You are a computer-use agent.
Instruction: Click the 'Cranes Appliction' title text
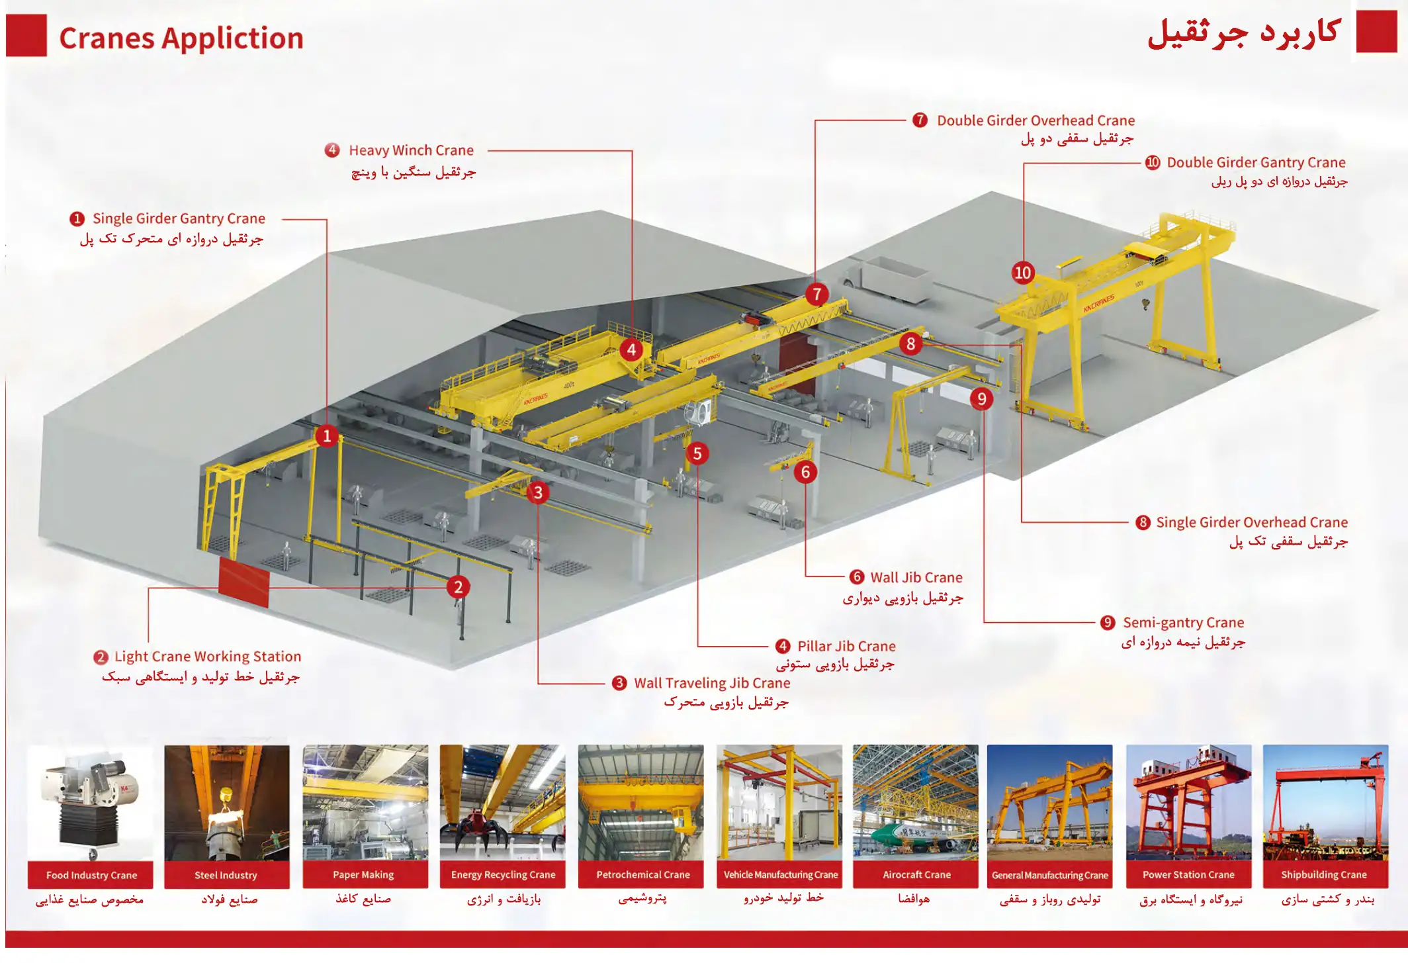coord(181,38)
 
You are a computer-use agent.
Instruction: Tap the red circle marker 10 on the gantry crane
coord(1022,273)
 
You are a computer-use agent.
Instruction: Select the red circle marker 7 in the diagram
coord(817,294)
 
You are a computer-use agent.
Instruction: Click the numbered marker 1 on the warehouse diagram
coord(327,436)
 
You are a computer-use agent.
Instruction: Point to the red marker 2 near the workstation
coord(458,587)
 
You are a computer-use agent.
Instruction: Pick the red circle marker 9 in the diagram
coord(981,398)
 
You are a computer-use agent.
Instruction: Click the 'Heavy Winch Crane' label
coord(411,151)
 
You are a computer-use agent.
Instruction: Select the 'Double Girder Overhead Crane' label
coord(1035,120)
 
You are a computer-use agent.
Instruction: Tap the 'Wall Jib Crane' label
coord(916,578)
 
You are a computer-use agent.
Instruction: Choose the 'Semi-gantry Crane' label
coord(1183,623)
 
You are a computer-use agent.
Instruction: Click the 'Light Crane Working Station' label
coord(208,657)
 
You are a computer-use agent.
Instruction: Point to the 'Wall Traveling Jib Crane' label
coord(712,683)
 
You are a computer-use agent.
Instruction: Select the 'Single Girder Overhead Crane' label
coord(1251,522)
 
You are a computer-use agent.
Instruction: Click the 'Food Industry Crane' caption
coord(91,875)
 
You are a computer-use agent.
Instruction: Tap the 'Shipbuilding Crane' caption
coord(1323,875)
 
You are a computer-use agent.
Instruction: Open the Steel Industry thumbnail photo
coord(226,802)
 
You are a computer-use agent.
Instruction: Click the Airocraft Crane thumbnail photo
coord(916,802)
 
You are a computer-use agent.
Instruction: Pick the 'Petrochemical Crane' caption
coord(642,875)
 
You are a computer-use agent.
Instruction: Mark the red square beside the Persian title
coord(1376,31)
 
